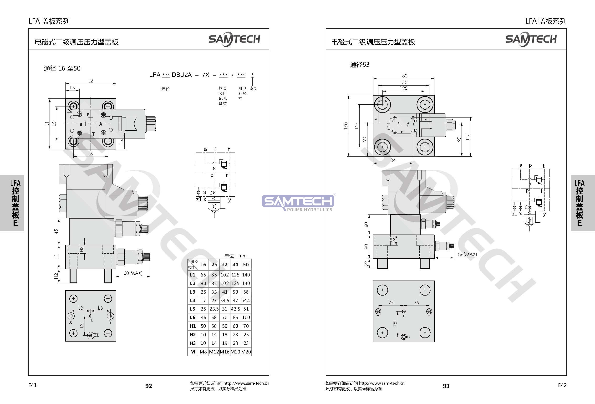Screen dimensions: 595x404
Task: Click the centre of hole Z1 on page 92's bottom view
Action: [x=90, y=335]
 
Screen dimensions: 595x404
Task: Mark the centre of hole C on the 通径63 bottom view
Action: [x=404, y=311]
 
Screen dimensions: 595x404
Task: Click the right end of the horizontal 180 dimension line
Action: [x=434, y=78]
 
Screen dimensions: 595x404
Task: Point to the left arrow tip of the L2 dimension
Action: [x=66, y=83]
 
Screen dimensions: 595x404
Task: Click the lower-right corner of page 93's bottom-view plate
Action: [x=434, y=342]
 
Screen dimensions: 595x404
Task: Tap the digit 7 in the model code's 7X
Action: [x=203, y=75]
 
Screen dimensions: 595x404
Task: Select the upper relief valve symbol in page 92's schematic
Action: [x=224, y=164]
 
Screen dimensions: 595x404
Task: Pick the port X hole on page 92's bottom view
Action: [x=71, y=316]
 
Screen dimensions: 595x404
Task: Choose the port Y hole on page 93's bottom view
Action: [x=429, y=311]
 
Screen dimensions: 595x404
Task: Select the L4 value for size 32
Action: [x=224, y=300]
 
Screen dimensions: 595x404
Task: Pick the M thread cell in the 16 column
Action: [x=203, y=352]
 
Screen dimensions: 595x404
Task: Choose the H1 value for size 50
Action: [x=246, y=326]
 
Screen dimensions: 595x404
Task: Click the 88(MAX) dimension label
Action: [x=468, y=254]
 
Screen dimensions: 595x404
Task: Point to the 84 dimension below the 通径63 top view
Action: [x=393, y=160]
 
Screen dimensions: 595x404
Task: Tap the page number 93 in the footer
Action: [x=446, y=386]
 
